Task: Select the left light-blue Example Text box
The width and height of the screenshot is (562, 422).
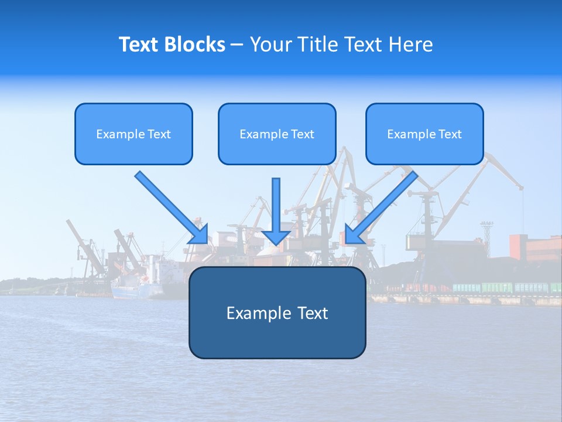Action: click(133, 134)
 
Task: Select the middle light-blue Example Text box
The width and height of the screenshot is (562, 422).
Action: click(277, 134)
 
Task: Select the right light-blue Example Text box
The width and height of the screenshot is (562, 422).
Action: click(424, 134)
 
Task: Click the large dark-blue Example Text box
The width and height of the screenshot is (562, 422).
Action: click(277, 312)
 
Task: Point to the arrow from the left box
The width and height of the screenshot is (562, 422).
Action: click(170, 206)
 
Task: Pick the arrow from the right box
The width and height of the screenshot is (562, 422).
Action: click(383, 206)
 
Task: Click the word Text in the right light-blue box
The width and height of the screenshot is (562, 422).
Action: click(450, 134)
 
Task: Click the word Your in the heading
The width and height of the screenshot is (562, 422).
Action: click(270, 45)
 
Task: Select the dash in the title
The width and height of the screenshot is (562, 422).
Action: click(237, 45)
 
